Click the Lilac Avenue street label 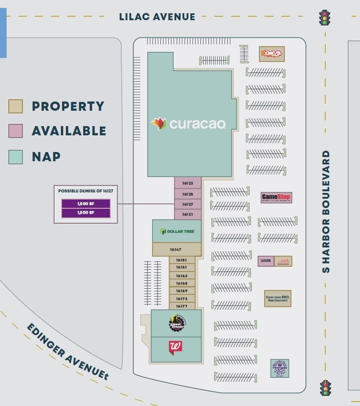157,17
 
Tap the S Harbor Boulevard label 326,211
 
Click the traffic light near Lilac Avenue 325,18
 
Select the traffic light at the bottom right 325,388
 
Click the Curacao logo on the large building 189,124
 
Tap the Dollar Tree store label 177,231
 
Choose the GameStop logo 276,197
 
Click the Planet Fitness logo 177,323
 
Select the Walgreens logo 175,348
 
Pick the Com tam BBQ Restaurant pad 277,298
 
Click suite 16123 188,183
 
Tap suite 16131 188,214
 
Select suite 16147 176,250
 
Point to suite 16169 182,291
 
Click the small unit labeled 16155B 265,261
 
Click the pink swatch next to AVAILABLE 15,131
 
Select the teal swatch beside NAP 15,157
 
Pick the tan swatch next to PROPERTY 15,106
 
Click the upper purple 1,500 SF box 86,203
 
